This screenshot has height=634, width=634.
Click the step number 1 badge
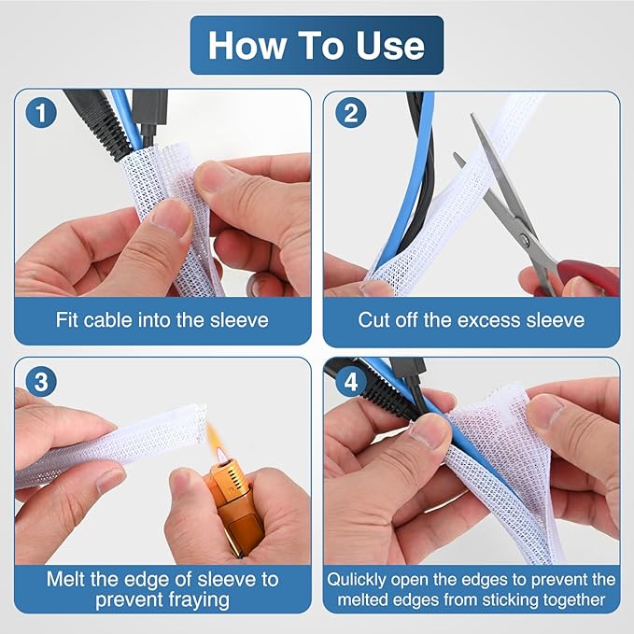click(x=41, y=113)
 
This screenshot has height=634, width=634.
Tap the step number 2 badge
click(x=350, y=113)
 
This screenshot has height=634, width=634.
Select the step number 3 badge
click(x=41, y=382)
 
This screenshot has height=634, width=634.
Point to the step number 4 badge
click(x=350, y=382)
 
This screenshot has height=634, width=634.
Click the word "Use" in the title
click(x=390, y=45)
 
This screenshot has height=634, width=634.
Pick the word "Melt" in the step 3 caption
click(x=66, y=579)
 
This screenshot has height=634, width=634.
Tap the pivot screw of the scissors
click(x=525, y=241)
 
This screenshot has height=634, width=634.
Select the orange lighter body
click(x=233, y=510)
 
